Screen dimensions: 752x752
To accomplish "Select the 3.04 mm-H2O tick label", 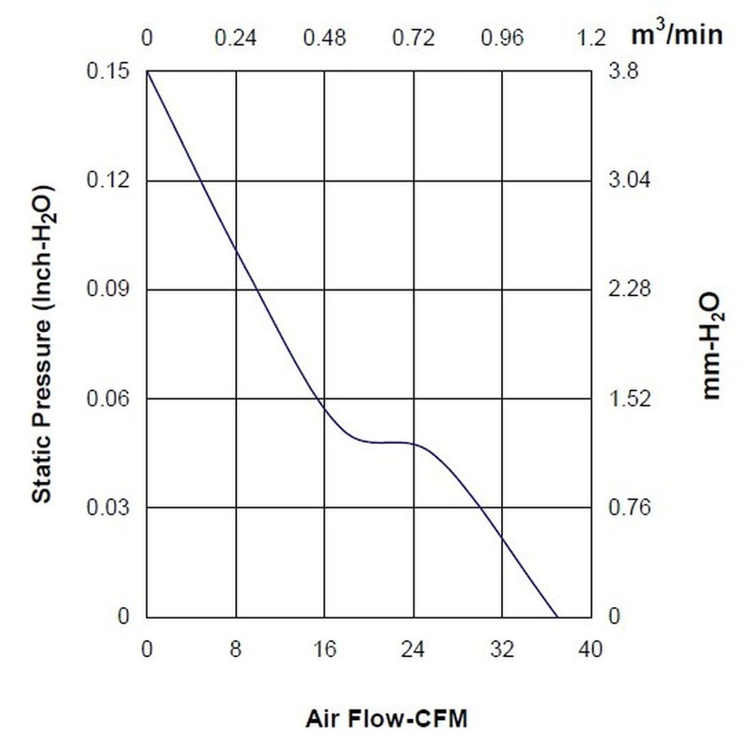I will pyautogui.click(x=630, y=180).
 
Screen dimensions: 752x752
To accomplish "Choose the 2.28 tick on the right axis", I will pyautogui.click(x=630, y=289).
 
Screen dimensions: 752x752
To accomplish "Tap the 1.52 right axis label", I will pyautogui.click(x=630, y=399).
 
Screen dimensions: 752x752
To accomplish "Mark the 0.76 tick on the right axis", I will pyautogui.click(x=630, y=508).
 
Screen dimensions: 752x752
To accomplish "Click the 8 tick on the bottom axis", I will pyautogui.click(x=235, y=648).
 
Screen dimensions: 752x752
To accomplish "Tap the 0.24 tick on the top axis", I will pyautogui.click(x=235, y=39).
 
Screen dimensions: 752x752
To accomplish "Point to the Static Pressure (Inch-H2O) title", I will pyautogui.click(x=41, y=342).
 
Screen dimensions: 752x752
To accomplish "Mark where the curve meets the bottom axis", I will pyautogui.click(x=558, y=617).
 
